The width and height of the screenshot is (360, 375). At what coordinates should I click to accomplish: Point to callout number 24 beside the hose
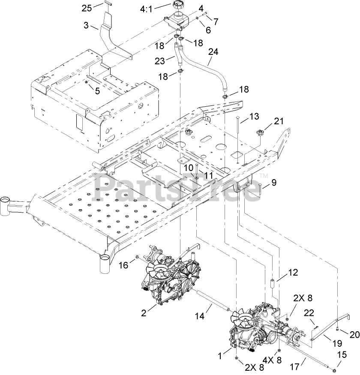pos(213,52)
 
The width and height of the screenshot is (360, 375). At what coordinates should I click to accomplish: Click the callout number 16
pos(123,266)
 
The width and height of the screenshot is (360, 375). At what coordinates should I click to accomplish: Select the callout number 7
pos(216,21)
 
